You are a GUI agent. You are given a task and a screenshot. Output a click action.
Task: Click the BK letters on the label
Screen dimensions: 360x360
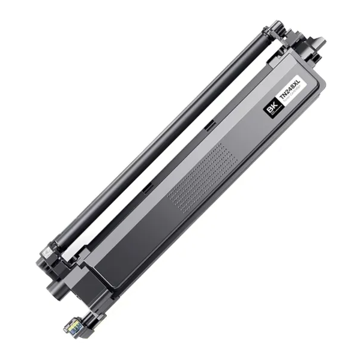coord(271,109)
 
